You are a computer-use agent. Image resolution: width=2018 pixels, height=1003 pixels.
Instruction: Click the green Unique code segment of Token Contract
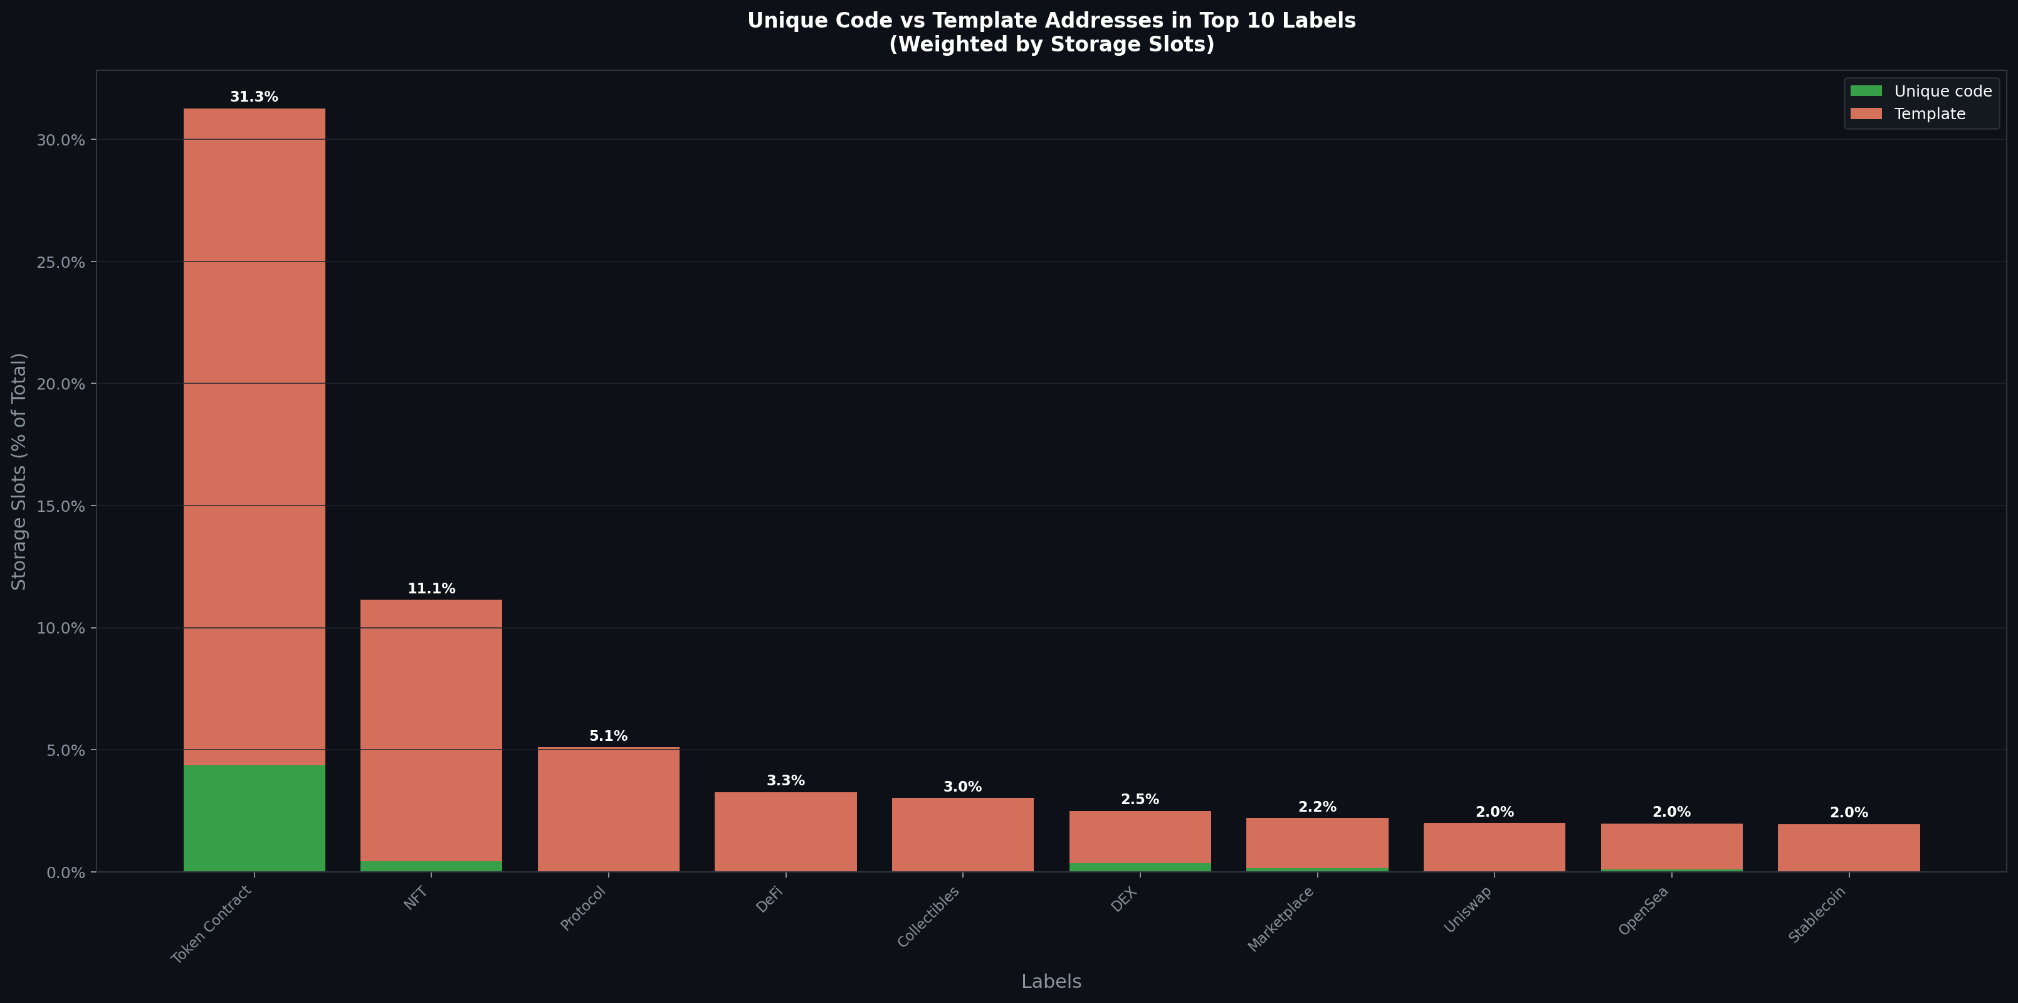(x=254, y=818)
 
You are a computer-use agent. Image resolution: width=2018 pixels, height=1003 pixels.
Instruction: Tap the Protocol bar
(x=608, y=809)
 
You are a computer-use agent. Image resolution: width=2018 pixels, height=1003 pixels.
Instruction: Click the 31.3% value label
(x=254, y=97)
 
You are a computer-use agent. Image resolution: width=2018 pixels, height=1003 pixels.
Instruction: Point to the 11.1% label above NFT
(x=431, y=588)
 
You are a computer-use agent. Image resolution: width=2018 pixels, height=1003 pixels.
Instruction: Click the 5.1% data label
(x=608, y=736)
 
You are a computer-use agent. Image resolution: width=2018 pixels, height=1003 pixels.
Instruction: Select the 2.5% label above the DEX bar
(x=1139, y=799)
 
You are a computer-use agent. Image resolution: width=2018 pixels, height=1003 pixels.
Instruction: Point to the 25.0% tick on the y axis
(x=60, y=262)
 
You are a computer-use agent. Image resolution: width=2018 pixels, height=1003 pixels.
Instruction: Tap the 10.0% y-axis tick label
(x=60, y=629)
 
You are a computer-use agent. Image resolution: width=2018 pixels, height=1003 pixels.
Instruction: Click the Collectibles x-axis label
(x=928, y=917)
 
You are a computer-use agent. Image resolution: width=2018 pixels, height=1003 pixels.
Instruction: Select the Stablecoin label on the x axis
(x=1817, y=914)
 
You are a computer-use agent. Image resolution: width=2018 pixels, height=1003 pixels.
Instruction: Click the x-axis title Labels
(x=1051, y=981)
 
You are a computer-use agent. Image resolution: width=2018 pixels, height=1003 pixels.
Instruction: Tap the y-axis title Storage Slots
(x=19, y=471)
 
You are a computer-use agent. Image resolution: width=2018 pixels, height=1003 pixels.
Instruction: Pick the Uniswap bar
(x=1494, y=846)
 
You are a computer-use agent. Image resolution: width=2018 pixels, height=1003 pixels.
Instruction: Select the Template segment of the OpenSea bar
(x=1671, y=846)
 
